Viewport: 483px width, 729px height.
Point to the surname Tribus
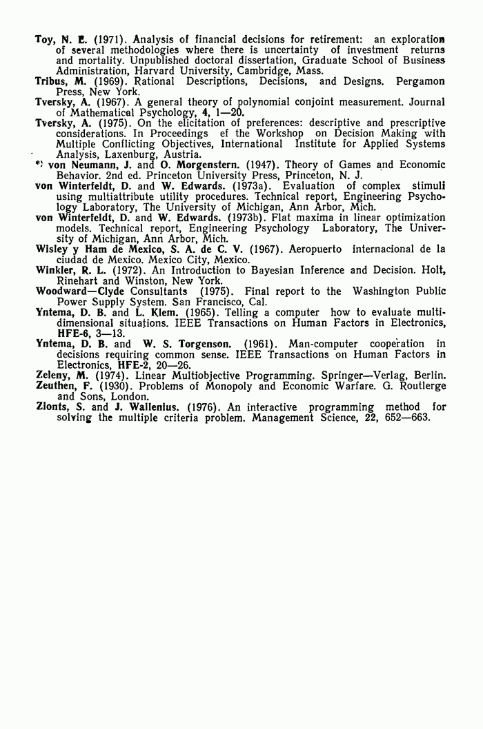click(x=52, y=81)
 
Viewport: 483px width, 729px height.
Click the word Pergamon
click(x=420, y=81)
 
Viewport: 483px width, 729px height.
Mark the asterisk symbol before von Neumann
click(x=39, y=165)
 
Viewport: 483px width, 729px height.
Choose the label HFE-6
click(x=73, y=333)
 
